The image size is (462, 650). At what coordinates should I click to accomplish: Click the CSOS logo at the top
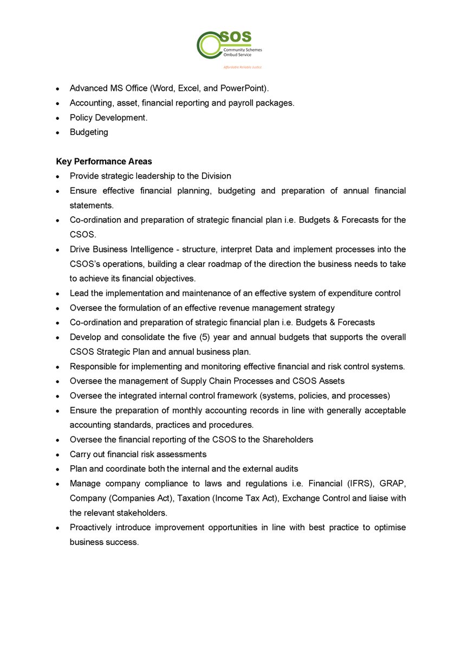229,45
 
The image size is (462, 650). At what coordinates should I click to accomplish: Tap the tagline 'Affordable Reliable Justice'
242,68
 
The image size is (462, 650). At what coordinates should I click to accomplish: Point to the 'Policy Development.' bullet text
108,118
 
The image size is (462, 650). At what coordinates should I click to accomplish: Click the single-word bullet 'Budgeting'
89,132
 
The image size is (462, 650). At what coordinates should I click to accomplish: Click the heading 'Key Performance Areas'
104,161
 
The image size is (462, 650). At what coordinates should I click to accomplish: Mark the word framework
243,395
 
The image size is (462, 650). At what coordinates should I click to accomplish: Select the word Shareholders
286,439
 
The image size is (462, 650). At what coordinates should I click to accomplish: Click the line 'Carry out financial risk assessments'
138,454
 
